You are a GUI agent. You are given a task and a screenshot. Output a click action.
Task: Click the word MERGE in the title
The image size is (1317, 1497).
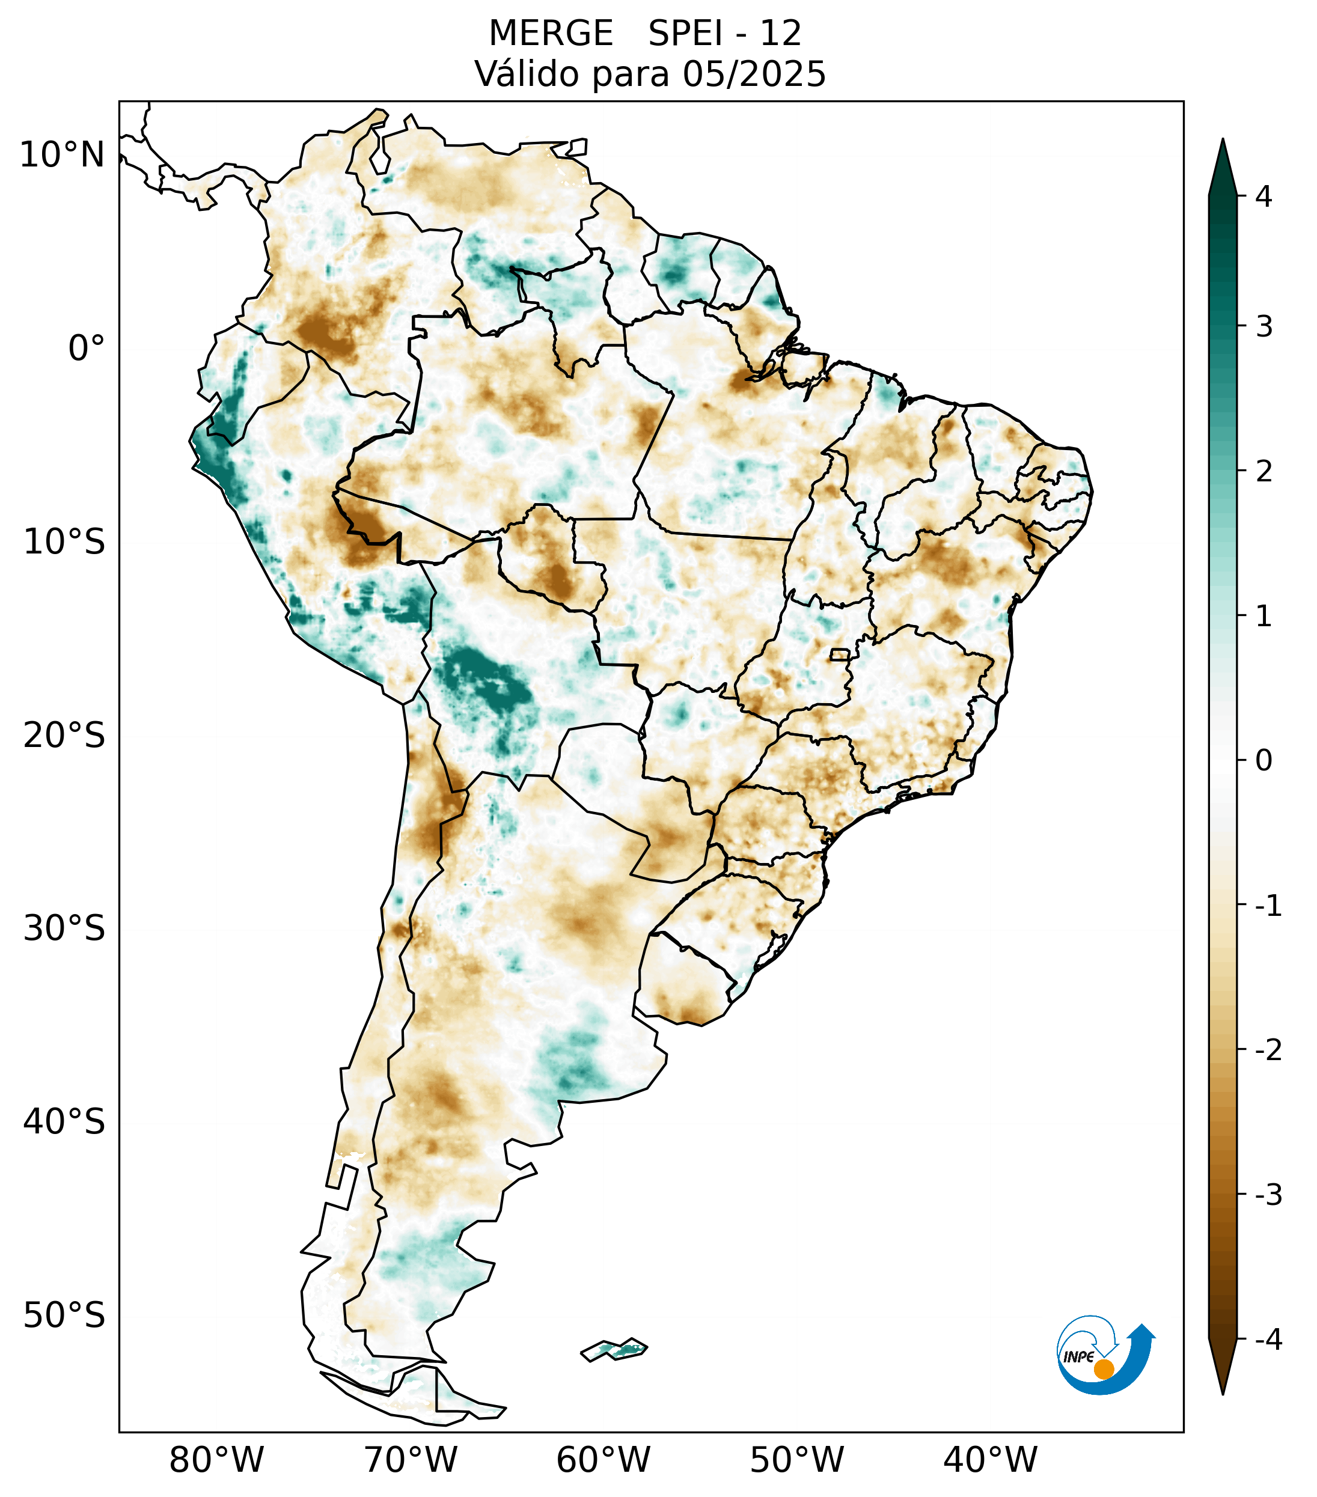550,34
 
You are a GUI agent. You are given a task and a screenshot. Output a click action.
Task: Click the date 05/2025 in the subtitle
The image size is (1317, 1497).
754,74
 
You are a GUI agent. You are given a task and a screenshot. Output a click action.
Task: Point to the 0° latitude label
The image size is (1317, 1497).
87,349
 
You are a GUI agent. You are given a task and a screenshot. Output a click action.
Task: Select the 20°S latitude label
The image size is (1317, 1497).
64,736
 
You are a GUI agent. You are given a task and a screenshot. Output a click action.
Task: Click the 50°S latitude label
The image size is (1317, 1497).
64,1316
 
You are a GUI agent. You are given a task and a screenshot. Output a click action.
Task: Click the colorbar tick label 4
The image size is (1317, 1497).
1264,197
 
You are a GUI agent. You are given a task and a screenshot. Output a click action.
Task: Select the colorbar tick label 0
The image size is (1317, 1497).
1264,761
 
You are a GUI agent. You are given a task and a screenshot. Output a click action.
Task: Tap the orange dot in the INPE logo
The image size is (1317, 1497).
1103,1369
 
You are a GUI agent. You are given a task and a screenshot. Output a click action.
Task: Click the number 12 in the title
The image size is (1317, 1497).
780,34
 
